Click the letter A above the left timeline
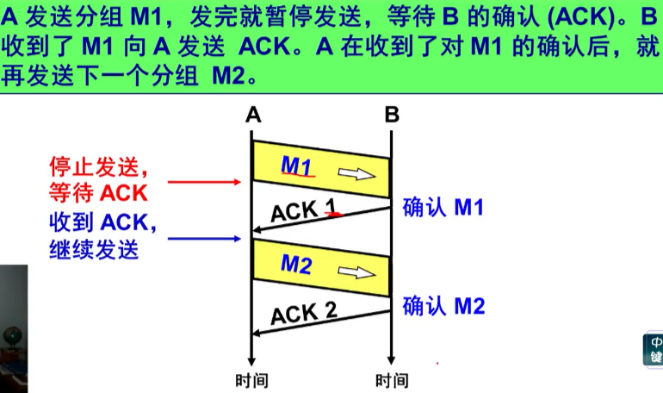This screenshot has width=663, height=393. [x=252, y=115]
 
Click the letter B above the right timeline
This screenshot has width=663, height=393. [x=392, y=115]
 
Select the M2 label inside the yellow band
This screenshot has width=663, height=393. [x=295, y=265]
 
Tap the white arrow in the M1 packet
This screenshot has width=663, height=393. [x=351, y=173]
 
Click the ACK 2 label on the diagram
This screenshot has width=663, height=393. [x=304, y=312]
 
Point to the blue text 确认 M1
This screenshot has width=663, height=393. [x=443, y=207]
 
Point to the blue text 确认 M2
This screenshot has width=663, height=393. [x=443, y=305]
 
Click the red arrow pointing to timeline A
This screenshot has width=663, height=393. [x=205, y=182]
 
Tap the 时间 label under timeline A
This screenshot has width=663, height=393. [x=251, y=380]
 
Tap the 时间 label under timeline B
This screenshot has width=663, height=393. [x=392, y=380]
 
